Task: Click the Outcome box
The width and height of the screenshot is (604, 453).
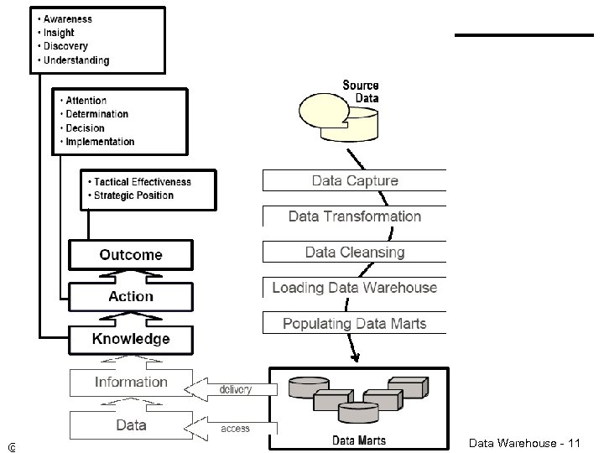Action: click(x=131, y=254)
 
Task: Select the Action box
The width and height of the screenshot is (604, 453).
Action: click(x=131, y=296)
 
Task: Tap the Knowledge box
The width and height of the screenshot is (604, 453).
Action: click(x=131, y=339)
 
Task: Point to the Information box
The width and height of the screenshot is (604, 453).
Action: click(x=131, y=382)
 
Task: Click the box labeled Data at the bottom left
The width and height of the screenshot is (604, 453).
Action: click(x=131, y=424)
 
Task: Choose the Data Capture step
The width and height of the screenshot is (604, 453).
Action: click(x=355, y=180)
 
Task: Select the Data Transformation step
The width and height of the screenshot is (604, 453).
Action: click(x=355, y=216)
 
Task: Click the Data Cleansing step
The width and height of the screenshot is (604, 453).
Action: click(x=355, y=252)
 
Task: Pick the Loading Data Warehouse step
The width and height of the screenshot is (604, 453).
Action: click(x=355, y=288)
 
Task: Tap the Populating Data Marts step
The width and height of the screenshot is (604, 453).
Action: click(x=355, y=323)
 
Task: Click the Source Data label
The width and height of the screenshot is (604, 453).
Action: click(x=361, y=91)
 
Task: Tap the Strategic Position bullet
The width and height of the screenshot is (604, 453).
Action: click(x=133, y=195)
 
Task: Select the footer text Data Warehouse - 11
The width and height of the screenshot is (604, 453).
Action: click(x=523, y=442)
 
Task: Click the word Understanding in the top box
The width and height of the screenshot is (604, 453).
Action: click(x=75, y=60)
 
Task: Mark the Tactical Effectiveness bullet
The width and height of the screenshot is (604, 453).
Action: click(x=142, y=181)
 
